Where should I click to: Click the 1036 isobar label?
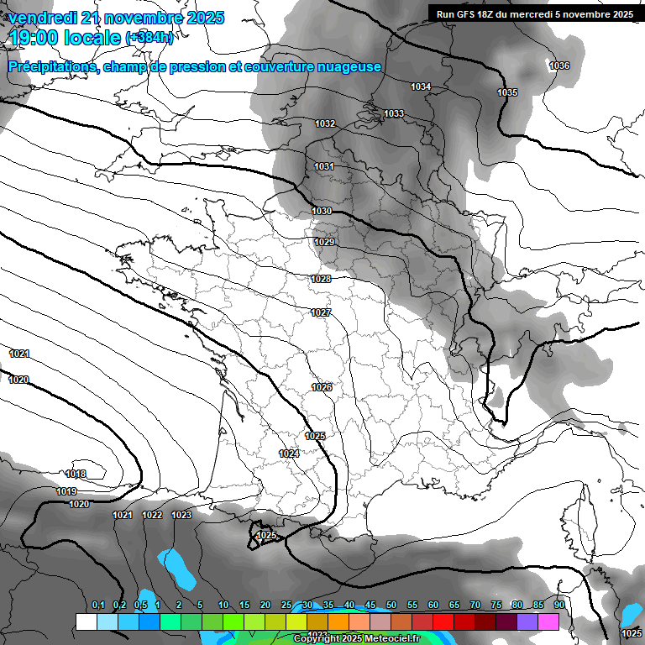click(x=559, y=66)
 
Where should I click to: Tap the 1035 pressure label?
click(x=507, y=92)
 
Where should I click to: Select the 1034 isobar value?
click(x=421, y=87)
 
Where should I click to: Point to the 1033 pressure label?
click(x=394, y=114)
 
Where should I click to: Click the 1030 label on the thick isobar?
click(x=322, y=211)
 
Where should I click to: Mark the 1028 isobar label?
click(x=321, y=279)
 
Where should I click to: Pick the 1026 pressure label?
click(x=322, y=387)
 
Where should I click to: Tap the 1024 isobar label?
click(x=289, y=454)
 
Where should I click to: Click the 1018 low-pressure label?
click(x=76, y=475)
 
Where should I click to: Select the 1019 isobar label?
click(x=67, y=491)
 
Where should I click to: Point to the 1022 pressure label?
click(x=152, y=515)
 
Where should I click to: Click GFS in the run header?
click(x=467, y=14)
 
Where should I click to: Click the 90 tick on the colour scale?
click(x=559, y=606)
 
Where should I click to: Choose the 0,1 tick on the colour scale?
click(x=98, y=606)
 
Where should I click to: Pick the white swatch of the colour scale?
click(x=86, y=621)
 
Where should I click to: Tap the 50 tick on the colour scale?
click(x=391, y=606)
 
